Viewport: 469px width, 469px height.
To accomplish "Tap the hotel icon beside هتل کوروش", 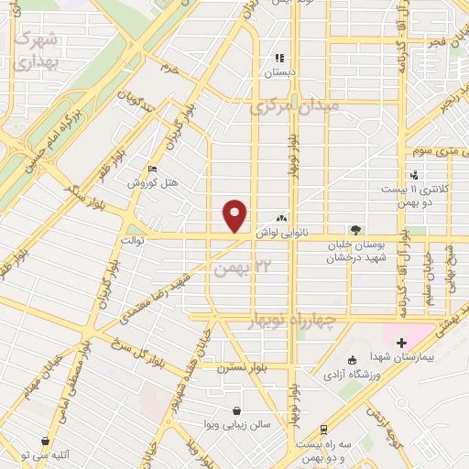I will (152, 169).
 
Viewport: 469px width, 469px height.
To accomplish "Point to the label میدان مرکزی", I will (293, 107).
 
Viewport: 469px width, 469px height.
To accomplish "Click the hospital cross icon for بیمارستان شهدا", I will (401, 343).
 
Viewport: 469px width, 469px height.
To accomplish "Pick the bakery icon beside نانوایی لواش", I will (281, 219).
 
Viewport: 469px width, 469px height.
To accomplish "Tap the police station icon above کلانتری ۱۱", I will (415, 175).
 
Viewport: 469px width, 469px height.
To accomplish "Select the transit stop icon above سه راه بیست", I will (324, 430).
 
